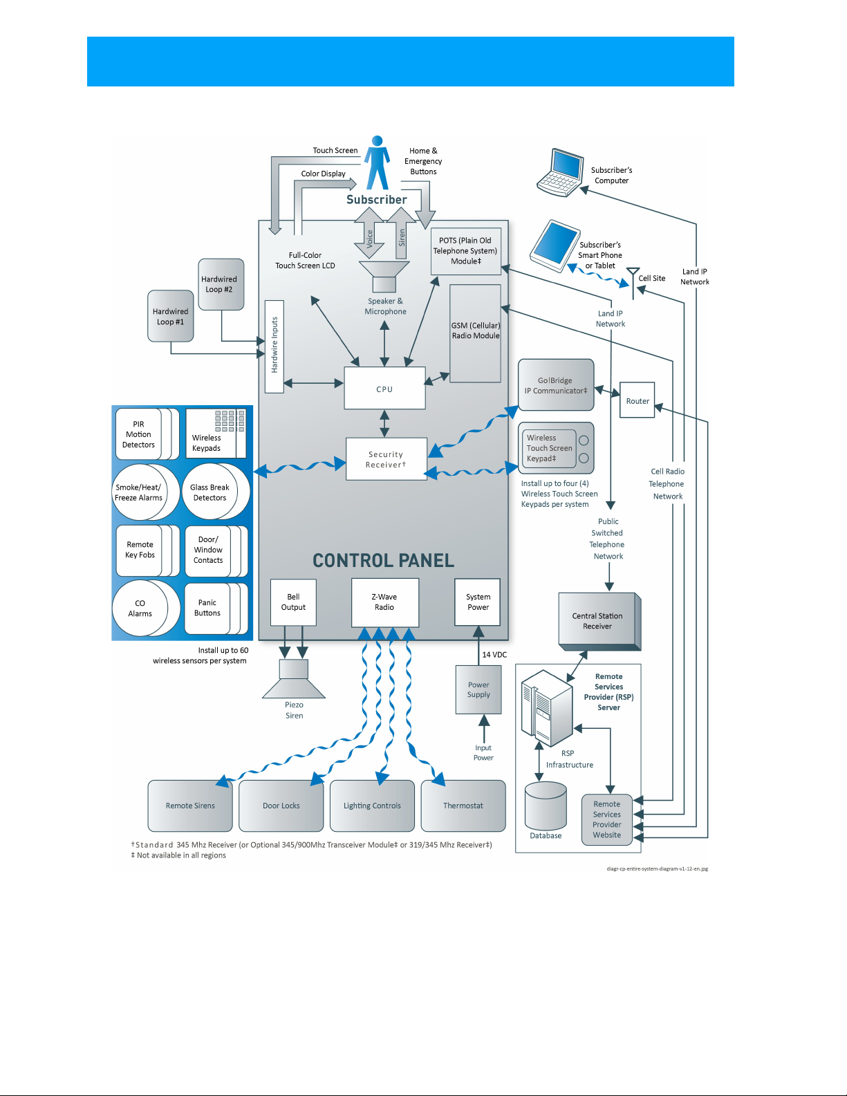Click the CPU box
[x=384, y=389]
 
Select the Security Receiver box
[x=386, y=459]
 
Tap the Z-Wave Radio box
[x=384, y=602]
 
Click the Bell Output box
[x=293, y=602]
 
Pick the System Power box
[x=478, y=602]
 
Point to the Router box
[x=637, y=401]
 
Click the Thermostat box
[x=463, y=806]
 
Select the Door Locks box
[x=281, y=806]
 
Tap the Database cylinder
[x=546, y=808]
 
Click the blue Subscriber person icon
[x=378, y=163]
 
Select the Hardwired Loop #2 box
[x=220, y=284]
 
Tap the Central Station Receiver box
[x=597, y=621]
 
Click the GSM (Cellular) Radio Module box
[x=475, y=333]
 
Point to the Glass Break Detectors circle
[x=210, y=492]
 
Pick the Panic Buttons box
[x=207, y=608]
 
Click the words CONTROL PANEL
[x=383, y=560]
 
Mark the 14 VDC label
[x=494, y=654]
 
